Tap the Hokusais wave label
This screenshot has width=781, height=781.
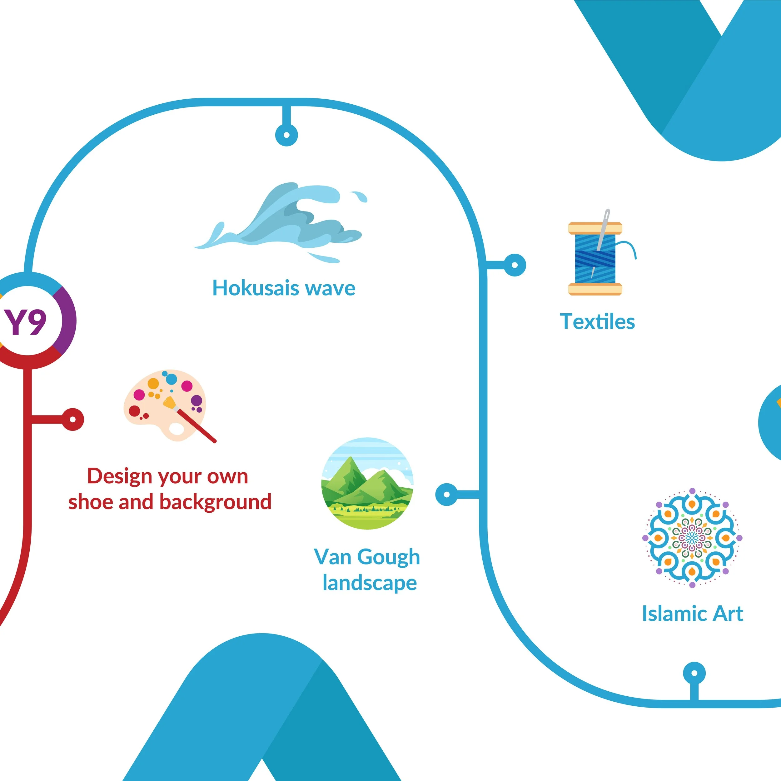pos(284,289)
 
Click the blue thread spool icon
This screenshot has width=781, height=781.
pos(595,259)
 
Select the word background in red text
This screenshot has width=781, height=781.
pos(216,502)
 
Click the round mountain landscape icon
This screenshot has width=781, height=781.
pos(367,484)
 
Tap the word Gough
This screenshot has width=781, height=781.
pos(389,557)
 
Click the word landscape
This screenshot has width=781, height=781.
pos(370,583)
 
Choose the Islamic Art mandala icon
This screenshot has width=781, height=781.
pos(692,538)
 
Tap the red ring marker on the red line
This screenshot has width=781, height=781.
pos(73,419)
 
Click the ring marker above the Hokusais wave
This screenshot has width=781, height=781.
pos(286,135)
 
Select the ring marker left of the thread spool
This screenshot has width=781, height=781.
pos(515,265)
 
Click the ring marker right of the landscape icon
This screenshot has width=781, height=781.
pos(447,494)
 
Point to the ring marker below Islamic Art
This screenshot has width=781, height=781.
pos(694,674)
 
